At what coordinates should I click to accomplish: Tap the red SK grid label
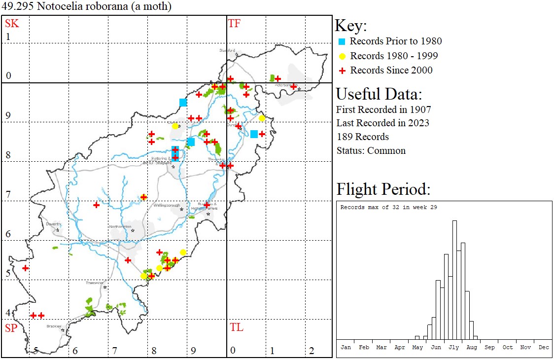coord(12,23)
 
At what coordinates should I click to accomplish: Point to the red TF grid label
coord(234,23)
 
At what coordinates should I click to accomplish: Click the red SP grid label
coord(11,328)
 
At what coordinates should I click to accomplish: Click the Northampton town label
coord(121,227)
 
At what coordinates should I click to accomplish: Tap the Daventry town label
coord(53,224)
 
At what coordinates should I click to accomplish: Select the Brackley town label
coord(54,326)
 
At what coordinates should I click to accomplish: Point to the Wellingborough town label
coord(165,205)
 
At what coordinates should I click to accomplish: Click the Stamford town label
coord(228,50)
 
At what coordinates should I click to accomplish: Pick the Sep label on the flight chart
coord(489,347)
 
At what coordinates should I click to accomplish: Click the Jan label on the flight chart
coord(346,347)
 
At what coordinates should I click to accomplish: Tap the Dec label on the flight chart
coord(544,347)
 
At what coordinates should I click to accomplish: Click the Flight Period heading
coord(383,189)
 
